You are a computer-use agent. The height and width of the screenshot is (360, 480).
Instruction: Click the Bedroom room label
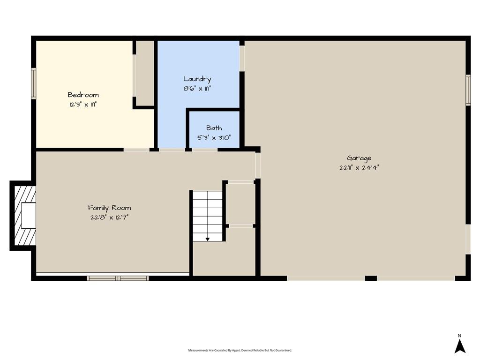pos(83,95)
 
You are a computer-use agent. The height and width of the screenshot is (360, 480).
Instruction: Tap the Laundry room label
pos(197,79)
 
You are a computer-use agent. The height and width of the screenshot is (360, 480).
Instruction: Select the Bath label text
pos(214,128)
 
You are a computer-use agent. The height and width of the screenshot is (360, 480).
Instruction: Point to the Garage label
pos(359,158)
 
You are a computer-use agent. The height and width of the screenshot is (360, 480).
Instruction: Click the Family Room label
pos(110,208)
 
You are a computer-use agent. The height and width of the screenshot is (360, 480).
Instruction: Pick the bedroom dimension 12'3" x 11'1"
pos(83,105)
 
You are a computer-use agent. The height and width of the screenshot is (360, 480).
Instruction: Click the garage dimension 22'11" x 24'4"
pos(359,167)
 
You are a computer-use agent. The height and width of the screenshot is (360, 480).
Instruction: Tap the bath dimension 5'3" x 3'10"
pos(214,138)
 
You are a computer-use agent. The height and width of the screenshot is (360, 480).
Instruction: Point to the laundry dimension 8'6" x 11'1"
pos(197,89)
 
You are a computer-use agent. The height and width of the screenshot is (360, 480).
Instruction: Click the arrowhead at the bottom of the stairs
pos(208,239)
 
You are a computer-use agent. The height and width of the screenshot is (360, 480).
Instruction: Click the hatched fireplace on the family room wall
pos(23,216)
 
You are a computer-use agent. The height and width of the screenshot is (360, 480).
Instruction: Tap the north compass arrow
pos(460,346)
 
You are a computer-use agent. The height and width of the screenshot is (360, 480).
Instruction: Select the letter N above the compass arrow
pos(459,336)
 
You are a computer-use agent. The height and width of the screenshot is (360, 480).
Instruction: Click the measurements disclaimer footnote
pos(240,350)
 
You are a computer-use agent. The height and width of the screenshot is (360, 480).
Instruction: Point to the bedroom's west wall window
pos(34,83)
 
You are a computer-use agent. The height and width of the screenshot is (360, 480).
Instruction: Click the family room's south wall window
pos(118,278)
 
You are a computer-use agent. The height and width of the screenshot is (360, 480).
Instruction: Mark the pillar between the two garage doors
pos(371,278)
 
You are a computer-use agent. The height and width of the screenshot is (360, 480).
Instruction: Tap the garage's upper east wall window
pos(468,90)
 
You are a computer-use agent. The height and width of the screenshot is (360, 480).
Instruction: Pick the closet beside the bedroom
pos(145,74)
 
